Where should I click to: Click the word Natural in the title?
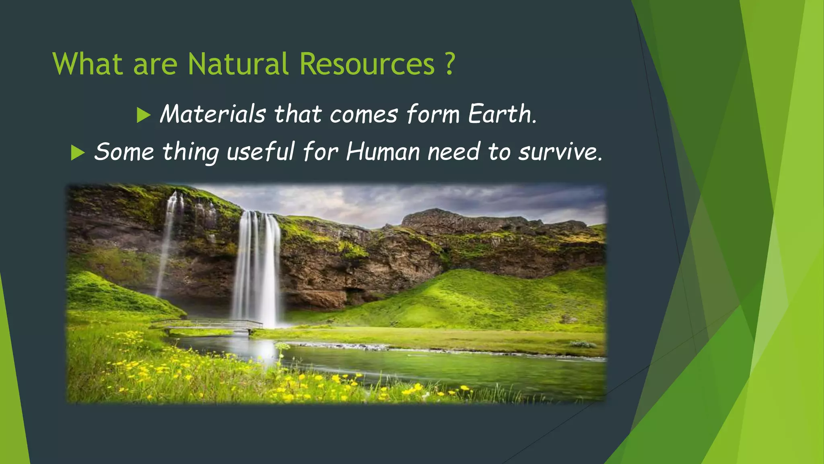[x=238, y=64]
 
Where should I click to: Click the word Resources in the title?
[x=367, y=64]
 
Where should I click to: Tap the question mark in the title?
[x=450, y=64]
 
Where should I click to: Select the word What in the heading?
[x=87, y=64]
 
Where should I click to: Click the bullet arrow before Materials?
[x=143, y=115]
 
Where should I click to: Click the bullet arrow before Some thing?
[x=78, y=153]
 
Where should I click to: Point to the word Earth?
[x=502, y=114]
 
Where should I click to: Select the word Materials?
[x=213, y=114]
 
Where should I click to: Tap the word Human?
[x=383, y=152]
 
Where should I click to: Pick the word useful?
[x=260, y=152]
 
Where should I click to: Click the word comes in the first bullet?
[x=364, y=114]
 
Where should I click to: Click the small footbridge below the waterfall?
[x=207, y=324]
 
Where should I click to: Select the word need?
[x=453, y=152]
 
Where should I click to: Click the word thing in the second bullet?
[x=190, y=152]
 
